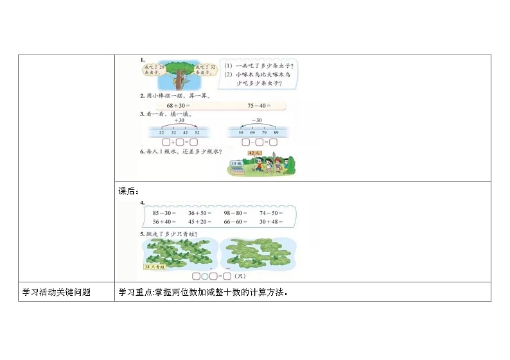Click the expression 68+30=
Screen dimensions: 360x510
click(177, 106)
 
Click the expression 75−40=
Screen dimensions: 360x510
click(259, 106)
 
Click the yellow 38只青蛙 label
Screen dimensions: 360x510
click(157, 264)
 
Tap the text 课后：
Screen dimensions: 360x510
click(128, 191)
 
